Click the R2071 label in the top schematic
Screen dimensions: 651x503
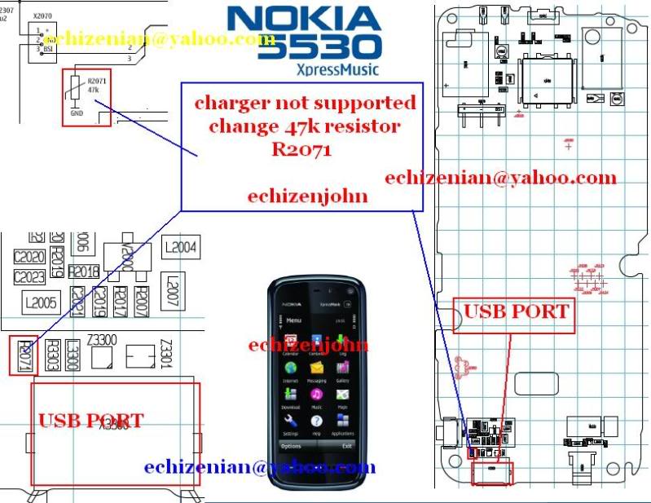click(96, 81)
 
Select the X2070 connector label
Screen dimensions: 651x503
click(44, 15)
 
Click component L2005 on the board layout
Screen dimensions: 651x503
click(40, 302)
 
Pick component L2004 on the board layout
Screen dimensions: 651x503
click(180, 247)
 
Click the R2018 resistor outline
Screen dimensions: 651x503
click(84, 271)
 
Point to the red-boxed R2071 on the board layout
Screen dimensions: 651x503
click(24, 356)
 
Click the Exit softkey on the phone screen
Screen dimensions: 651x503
click(347, 446)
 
